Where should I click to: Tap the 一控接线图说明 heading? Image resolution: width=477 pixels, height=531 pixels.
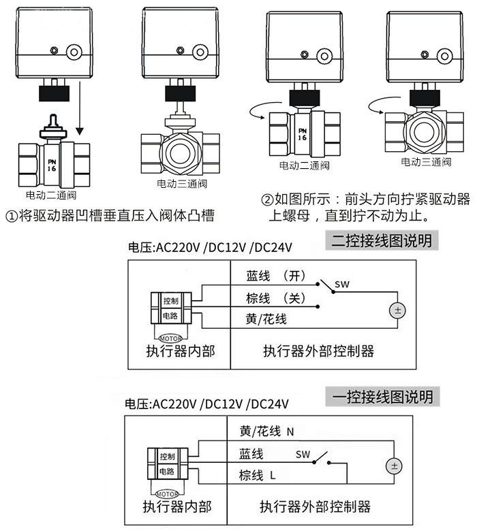coord(382,396)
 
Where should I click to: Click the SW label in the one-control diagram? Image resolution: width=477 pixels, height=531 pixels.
coord(303,453)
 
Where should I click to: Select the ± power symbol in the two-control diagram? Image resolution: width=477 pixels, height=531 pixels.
coord(396,310)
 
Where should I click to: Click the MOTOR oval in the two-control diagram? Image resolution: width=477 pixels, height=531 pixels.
coord(170,337)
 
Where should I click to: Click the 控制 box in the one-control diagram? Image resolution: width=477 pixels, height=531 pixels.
coord(167,455)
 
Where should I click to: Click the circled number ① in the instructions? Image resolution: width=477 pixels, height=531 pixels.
coord(11,216)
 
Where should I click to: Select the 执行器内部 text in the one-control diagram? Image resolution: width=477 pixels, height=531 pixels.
coord(176,507)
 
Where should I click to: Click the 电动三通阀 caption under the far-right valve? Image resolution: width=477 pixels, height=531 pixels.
coord(426,162)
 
